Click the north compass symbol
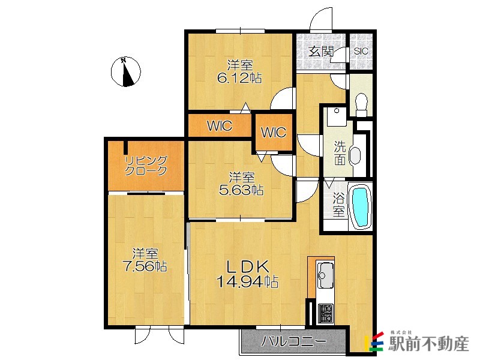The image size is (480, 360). pyautogui.click(x=125, y=71)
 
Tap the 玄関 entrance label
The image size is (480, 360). pyautogui.click(x=320, y=52)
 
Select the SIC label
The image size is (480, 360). pyautogui.click(x=361, y=51)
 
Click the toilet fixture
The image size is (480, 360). pyautogui.click(x=362, y=104)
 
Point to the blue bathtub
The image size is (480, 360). pyautogui.click(x=361, y=207)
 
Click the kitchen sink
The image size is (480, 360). pyautogui.click(x=325, y=275)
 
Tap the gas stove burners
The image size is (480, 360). pyautogui.click(x=325, y=313)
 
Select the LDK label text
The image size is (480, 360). pyautogui.click(x=247, y=266)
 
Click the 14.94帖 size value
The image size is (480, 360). pyautogui.click(x=247, y=281)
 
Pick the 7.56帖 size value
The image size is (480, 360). pyautogui.click(x=145, y=266)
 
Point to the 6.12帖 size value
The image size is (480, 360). pyautogui.click(x=239, y=79)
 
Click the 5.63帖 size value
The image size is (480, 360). pyautogui.click(x=241, y=190)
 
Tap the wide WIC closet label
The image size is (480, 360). pyautogui.click(x=220, y=126)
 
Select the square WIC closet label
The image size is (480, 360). pyautogui.click(x=274, y=132)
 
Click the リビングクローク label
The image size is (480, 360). pyautogui.click(x=146, y=166)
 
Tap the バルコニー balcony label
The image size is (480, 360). pyautogui.click(x=293, y=341)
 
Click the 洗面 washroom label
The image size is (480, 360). pyautogui.click(x=340, y=153)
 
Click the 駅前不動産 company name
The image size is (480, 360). pyautogui.click(x=428, y=344)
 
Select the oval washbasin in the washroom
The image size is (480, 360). pyautogui.click(x=355, y=155)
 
